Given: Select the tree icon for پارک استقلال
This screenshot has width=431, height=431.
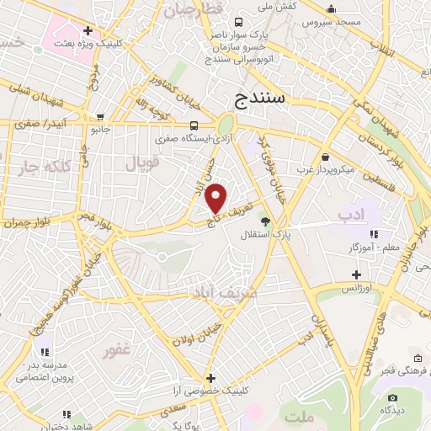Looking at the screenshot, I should tap(266, 221).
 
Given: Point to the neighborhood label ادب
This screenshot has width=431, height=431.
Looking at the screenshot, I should tap(354, 215).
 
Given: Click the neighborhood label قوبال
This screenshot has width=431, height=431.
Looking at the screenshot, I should tap(142, 163).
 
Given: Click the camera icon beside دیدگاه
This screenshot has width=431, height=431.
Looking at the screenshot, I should tap(391, 397).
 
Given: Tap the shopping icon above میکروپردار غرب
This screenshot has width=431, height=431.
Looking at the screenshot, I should tap(325, 156).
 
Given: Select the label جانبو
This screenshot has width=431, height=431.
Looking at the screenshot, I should tap(101, 130).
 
